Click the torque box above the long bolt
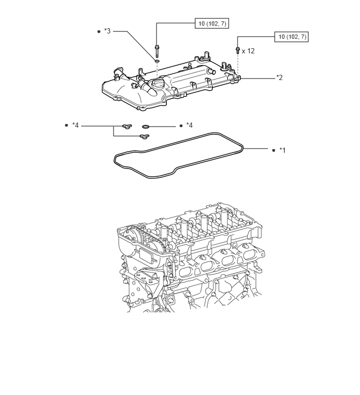(211, 24)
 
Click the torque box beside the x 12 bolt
(291, 37)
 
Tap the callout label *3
(107, 31)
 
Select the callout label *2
(279, 77)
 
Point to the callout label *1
(283, 150)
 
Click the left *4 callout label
(75, 125)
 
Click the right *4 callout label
(189, 125)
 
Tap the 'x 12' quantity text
(248, 51)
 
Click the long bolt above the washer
(156, 51)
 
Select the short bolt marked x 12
(238, 50)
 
